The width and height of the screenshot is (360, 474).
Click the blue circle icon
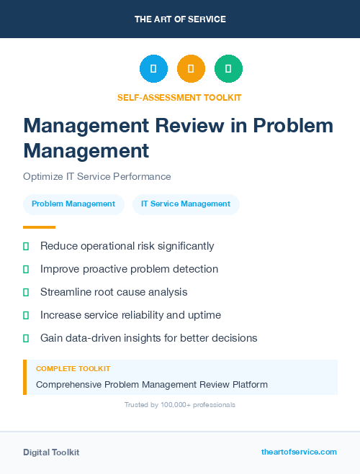coord(153,69)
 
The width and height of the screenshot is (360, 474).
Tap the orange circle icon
coord(191,69)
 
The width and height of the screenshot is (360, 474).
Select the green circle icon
coord(228,69)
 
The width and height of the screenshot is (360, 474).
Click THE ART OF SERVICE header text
coord(180,19)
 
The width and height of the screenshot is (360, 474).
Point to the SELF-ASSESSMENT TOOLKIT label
coord(179,97)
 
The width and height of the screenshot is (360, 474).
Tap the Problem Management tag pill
coord(73,204)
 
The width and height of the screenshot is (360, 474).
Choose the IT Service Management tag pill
coord(186,204)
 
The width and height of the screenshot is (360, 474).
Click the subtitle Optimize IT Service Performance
coord(96,176)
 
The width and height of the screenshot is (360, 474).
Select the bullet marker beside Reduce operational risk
coord(26,247)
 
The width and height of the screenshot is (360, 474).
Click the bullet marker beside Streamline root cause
coord(26,292)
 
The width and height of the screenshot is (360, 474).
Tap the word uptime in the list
coord(205,315)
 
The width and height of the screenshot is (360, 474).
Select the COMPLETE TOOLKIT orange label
coord(73,368)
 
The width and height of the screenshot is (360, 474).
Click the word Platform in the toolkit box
coord(249,385)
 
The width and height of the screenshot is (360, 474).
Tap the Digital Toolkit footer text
coord(51,452)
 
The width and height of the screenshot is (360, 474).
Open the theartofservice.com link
coord(299,452)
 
